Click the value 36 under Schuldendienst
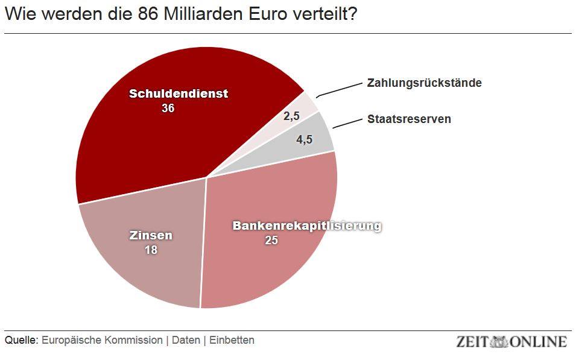pos(168,109)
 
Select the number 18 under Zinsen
pos(151,249)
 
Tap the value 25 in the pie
pos(271,241)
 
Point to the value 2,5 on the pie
pos(291,116)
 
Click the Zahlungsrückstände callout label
pos(424,83)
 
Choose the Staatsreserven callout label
pos(409,119)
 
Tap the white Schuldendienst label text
pos(179,94)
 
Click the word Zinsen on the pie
pos(151,235)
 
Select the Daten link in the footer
pos(186,340)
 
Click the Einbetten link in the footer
pos(232,340)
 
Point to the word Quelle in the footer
pos(21,340)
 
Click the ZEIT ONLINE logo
pos(511,341)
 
